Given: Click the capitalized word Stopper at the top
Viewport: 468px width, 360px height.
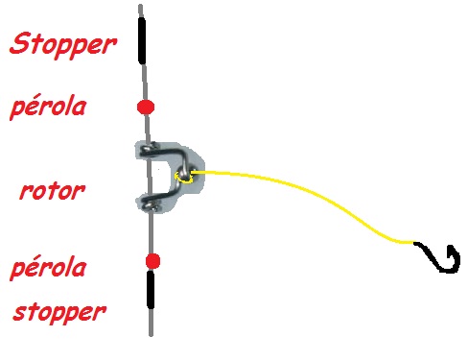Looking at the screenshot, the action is (63, 44).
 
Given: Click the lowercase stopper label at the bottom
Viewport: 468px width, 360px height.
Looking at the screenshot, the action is (59, 313).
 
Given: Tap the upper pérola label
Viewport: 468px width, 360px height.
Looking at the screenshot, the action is (48, 107).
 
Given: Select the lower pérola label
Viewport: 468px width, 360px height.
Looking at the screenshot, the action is (48, 267).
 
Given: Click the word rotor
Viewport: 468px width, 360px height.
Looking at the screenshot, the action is (53, 191).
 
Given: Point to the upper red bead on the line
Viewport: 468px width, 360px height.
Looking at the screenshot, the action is (146, 108).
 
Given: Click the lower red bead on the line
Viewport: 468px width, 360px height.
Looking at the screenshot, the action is (152, 261).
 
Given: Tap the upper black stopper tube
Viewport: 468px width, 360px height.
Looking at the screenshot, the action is (142, 40).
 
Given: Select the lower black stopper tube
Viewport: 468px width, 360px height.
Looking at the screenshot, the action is (151, 290).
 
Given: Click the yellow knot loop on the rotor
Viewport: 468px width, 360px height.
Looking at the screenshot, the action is (183, 178).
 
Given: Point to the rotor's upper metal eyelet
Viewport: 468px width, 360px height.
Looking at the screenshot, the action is (150, 149).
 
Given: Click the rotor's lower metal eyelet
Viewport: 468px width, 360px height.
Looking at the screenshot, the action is (150, 204).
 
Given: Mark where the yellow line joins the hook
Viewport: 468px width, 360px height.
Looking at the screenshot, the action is (414, 243).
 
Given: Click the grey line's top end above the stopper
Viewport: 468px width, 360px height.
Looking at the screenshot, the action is (140, 5).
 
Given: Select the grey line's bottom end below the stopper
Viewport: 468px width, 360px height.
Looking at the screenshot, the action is (151, 335).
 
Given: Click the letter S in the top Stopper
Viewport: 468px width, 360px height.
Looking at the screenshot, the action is (22, 43).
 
